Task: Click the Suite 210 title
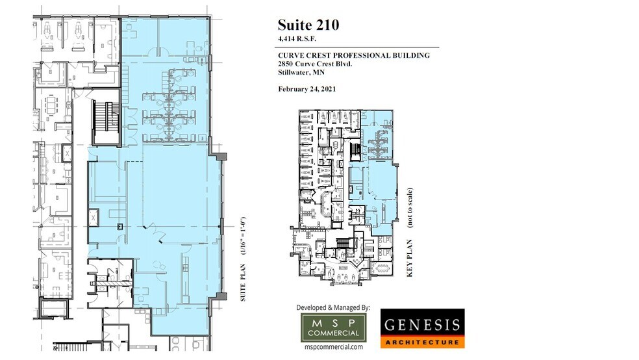tap(308, 25)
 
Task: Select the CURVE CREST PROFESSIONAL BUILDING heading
tap(354, 56)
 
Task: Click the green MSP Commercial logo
tap(333, 327)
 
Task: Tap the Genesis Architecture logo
tap(422, 328)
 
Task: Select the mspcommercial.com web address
tap(334, 348)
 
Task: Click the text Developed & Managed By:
tap(333, 307)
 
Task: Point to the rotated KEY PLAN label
tap(410, 259)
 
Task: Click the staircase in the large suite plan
tap(104, 122)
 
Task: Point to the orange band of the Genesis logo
tap(422, 342)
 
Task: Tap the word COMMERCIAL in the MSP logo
tap(333, 334)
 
